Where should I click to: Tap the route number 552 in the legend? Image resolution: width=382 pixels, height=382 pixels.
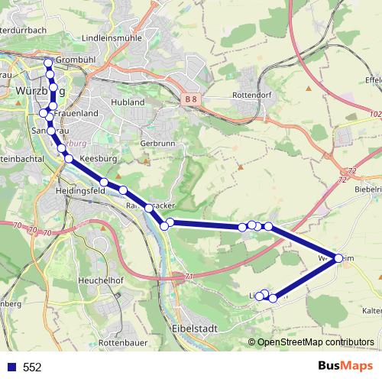pos(32,367)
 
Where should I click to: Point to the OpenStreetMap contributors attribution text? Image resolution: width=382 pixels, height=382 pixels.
pos(315,342)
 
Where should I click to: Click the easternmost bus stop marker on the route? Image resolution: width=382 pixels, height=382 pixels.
pos(338,258)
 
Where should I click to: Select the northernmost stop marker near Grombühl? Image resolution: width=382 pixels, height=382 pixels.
pos(48,63)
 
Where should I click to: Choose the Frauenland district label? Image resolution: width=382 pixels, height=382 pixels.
pos(76,113)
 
